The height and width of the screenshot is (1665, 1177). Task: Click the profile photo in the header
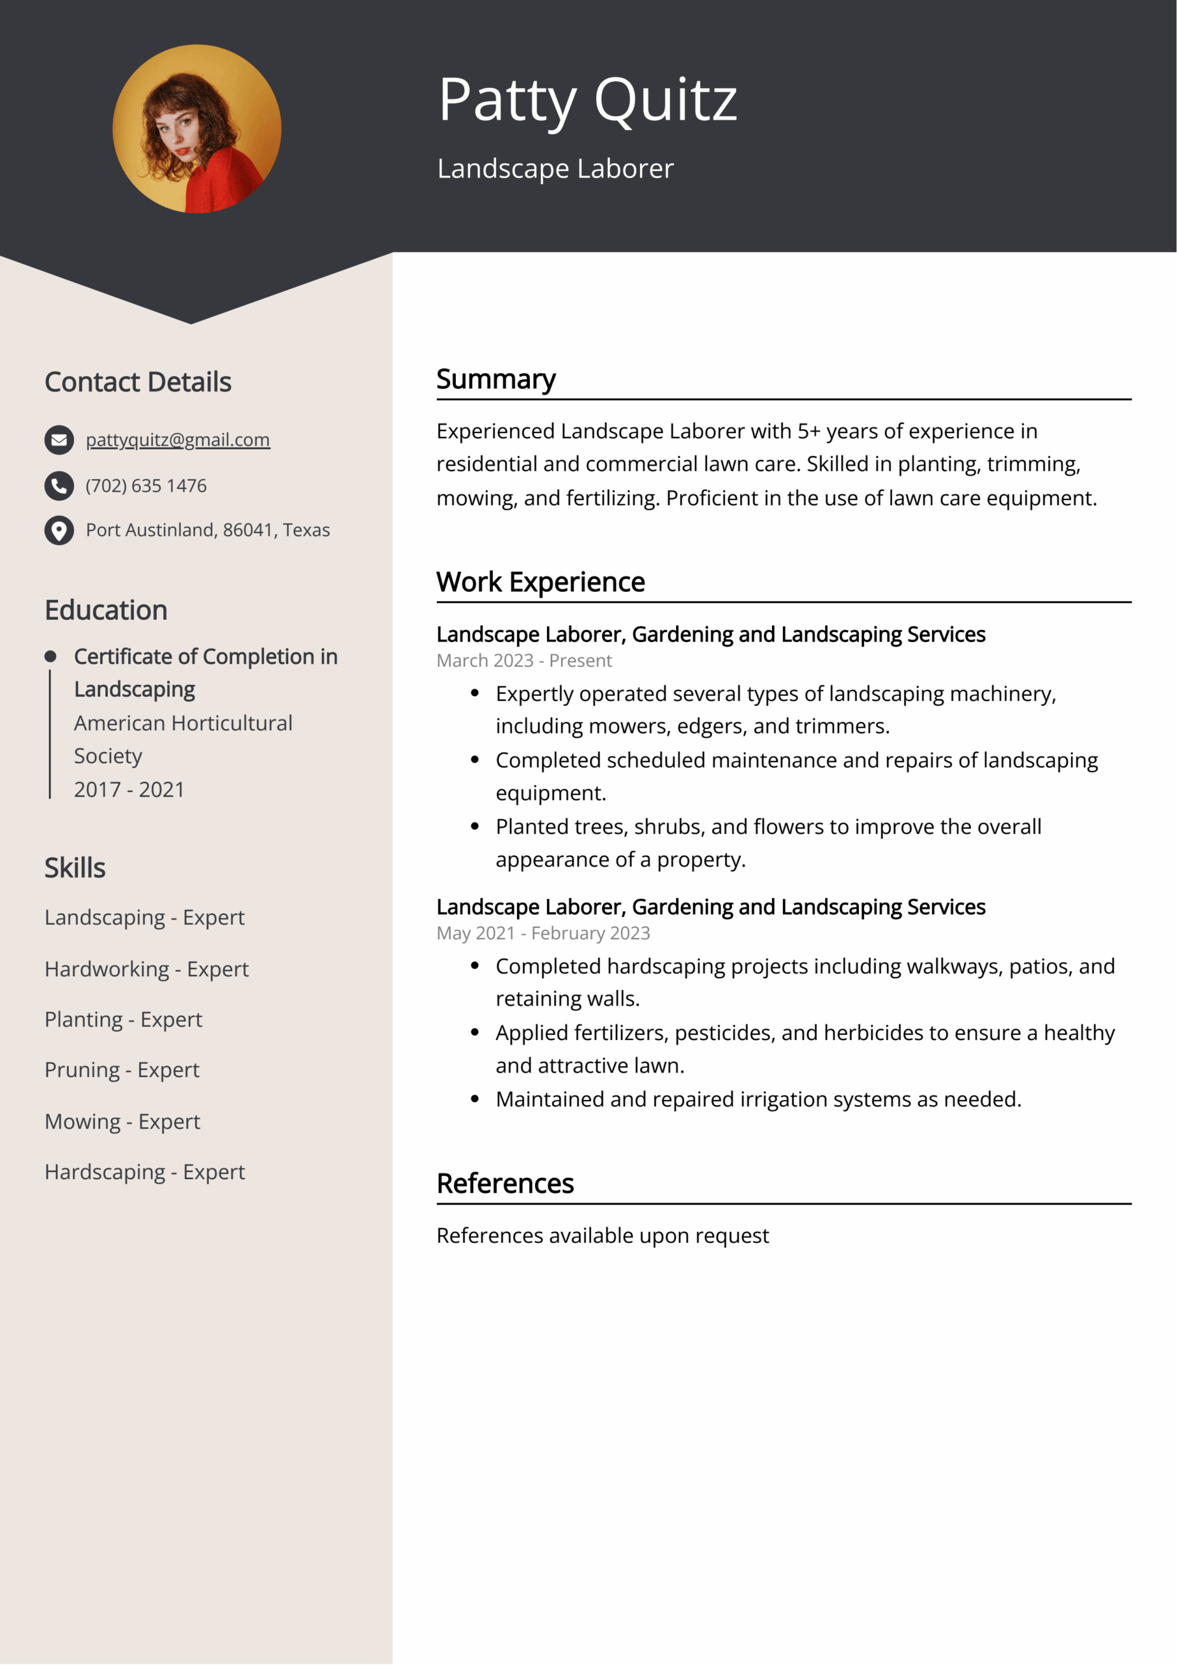coord(196,129)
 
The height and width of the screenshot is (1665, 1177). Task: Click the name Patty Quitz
coord(587,100)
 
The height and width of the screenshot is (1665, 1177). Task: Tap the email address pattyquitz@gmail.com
coord(178,440)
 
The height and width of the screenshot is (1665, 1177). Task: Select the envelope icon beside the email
coord(59,440)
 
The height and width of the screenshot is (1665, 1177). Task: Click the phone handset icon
coord(59,486)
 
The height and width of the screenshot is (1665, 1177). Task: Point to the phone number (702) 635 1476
coord(146,486)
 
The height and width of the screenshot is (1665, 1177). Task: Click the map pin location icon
coord(59,530)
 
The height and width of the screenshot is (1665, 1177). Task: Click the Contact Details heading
coord(138,382)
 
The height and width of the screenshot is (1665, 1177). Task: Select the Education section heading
coord(106,611)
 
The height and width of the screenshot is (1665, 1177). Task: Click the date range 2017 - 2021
coord(129,789)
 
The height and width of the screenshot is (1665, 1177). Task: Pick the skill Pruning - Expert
coord(122,1070)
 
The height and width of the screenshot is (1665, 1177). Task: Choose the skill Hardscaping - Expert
coord(144,1172)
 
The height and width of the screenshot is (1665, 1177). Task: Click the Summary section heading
coord(496,379)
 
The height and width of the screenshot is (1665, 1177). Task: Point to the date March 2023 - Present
coord(523,661)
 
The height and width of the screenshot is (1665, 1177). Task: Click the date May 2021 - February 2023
coord(543,933)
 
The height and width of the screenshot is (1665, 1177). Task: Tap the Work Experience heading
coord(540,582)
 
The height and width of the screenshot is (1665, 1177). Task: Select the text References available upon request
coord(602,1235)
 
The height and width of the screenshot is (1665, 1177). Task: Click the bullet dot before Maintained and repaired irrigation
coord(475,1099)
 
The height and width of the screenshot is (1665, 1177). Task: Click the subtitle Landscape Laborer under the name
coord(555,169)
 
